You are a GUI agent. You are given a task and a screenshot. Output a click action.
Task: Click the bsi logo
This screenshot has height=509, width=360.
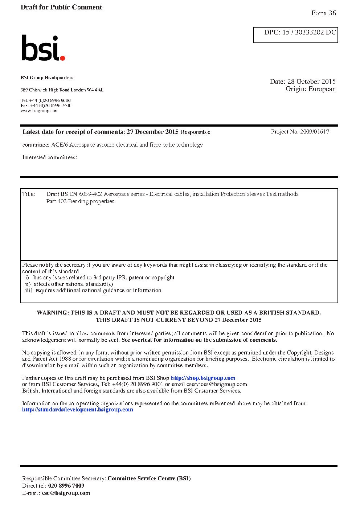tap(42, 48)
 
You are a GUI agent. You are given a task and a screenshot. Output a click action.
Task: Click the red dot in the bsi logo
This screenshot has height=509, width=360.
tap(62, 58)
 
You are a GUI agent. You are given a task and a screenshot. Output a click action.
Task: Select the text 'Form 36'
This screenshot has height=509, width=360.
tap(323, 13)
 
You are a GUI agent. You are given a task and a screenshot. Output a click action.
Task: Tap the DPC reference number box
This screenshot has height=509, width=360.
tap(295, 35)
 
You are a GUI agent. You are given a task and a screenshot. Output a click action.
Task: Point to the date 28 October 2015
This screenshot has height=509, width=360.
tap(311, 82)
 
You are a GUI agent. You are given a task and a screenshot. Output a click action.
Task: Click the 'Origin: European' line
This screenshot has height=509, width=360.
tap(310, 89)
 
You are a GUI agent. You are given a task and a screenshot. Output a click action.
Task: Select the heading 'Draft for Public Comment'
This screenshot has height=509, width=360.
tap(61, 7)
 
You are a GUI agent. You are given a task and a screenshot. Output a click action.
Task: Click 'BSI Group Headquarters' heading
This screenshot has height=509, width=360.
tap(47, 78)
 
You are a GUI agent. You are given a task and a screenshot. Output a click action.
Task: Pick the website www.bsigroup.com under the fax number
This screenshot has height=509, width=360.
tap(40, 111)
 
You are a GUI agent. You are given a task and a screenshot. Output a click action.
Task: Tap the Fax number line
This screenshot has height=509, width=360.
tap(46, 106)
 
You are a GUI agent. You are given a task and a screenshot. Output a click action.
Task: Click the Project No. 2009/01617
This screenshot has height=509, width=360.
tap(300, 132)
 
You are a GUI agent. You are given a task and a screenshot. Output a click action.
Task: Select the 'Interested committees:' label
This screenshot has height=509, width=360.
tap(50, 157)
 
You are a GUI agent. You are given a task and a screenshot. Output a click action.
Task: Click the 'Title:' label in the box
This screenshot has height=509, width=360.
tap(29, 194)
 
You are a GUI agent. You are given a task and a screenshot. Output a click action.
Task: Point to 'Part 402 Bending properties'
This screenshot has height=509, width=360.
tap(80, 201)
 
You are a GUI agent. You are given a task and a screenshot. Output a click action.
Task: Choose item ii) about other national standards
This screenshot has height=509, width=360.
tap(69, 284)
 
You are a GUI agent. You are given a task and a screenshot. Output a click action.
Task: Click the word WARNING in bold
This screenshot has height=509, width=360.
tap(53, 313)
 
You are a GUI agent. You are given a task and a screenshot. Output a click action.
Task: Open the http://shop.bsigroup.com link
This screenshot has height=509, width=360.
tap(203, 378)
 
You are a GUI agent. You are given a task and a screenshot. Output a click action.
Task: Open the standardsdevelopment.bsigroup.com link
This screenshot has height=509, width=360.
tap(77, 410)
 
